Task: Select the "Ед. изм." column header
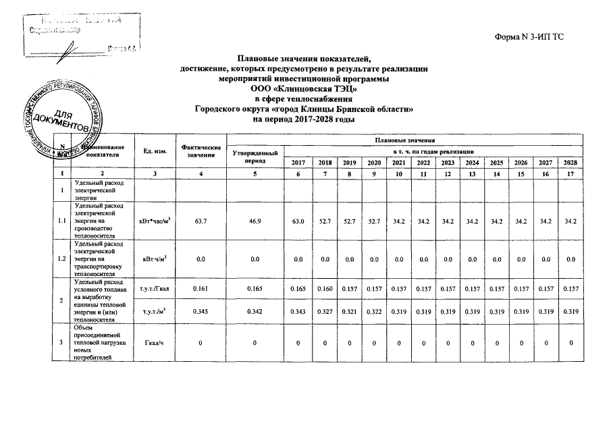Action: [147, 150]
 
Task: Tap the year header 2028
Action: [570, 163]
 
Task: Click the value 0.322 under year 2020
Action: [374, 313]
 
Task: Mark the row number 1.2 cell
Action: [62, 259]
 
